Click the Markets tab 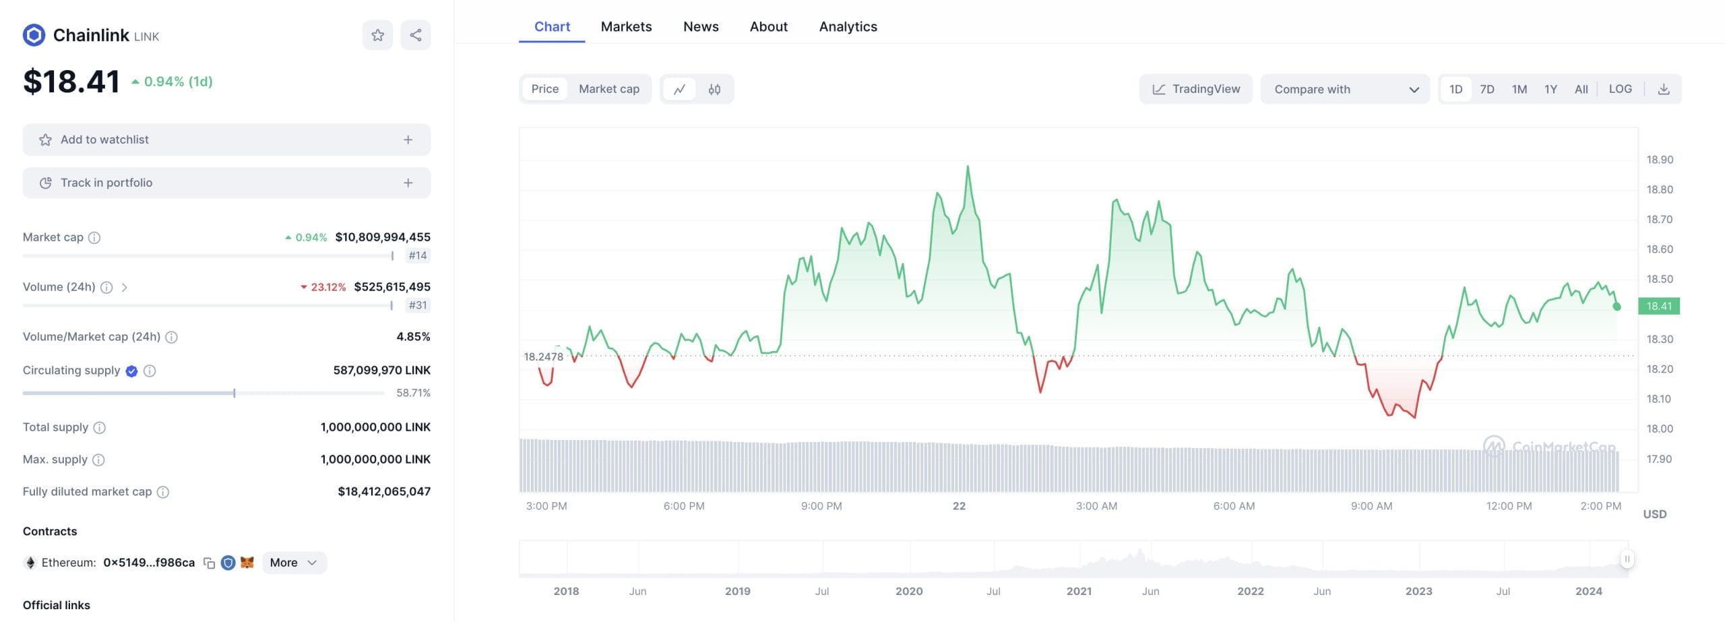[x=626, y=27]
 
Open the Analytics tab [x=848, y=27]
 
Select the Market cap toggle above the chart [x=608, y=89]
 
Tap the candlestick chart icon [x=714, y=89]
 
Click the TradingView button [x=1195, y=89]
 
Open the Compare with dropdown [x=1345, y=89]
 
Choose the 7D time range [x=1487, y=89]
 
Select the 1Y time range [x=1550, y=89]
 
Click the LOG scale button [x=1620, y=89]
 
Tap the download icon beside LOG [x=1664, y=89]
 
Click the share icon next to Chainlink [x=416, y=35]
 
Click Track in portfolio [x=226, y=183]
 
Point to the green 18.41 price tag [x=1659, y=306]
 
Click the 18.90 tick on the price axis [x=1660, y=160]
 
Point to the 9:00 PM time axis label [x=821, y=506]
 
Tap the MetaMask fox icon [x=247, y=562]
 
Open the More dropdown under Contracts [x=294, y=563]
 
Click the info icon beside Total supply [x=99, y=427]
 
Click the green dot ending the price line [x=1617, y=307]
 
